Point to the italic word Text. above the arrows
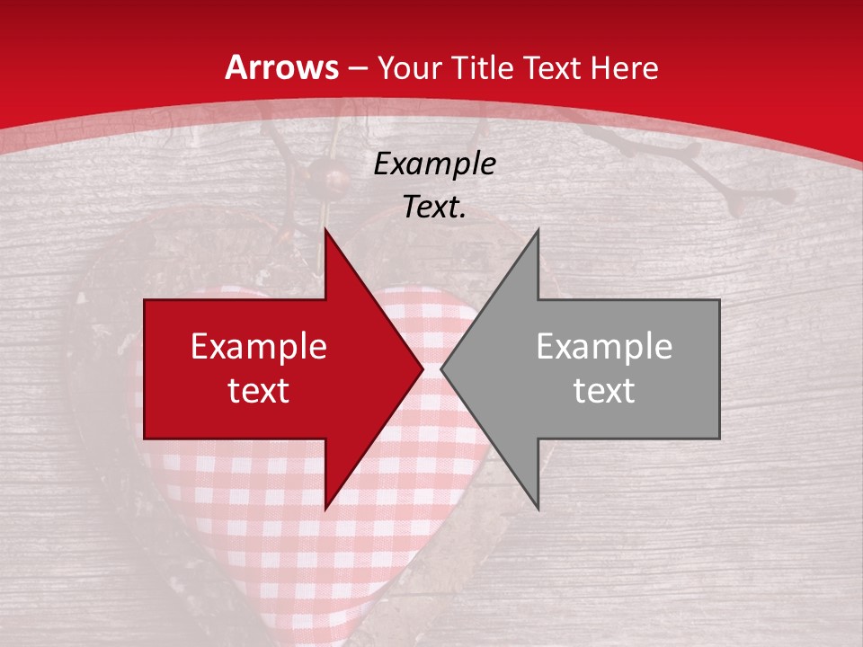(434, 208)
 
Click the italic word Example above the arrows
(434, 164)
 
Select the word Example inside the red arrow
(259, 347)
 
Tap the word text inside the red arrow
(259, 391)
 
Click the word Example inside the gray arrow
(604, 347)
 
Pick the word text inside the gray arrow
(604, 391)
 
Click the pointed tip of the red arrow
(422, 368)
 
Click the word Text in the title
(555, 68)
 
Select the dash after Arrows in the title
(356, 68)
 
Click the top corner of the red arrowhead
(325, 230)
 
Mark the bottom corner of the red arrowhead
(325, 508)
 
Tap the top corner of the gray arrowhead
(538, 230)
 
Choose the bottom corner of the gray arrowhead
(538, 508)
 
